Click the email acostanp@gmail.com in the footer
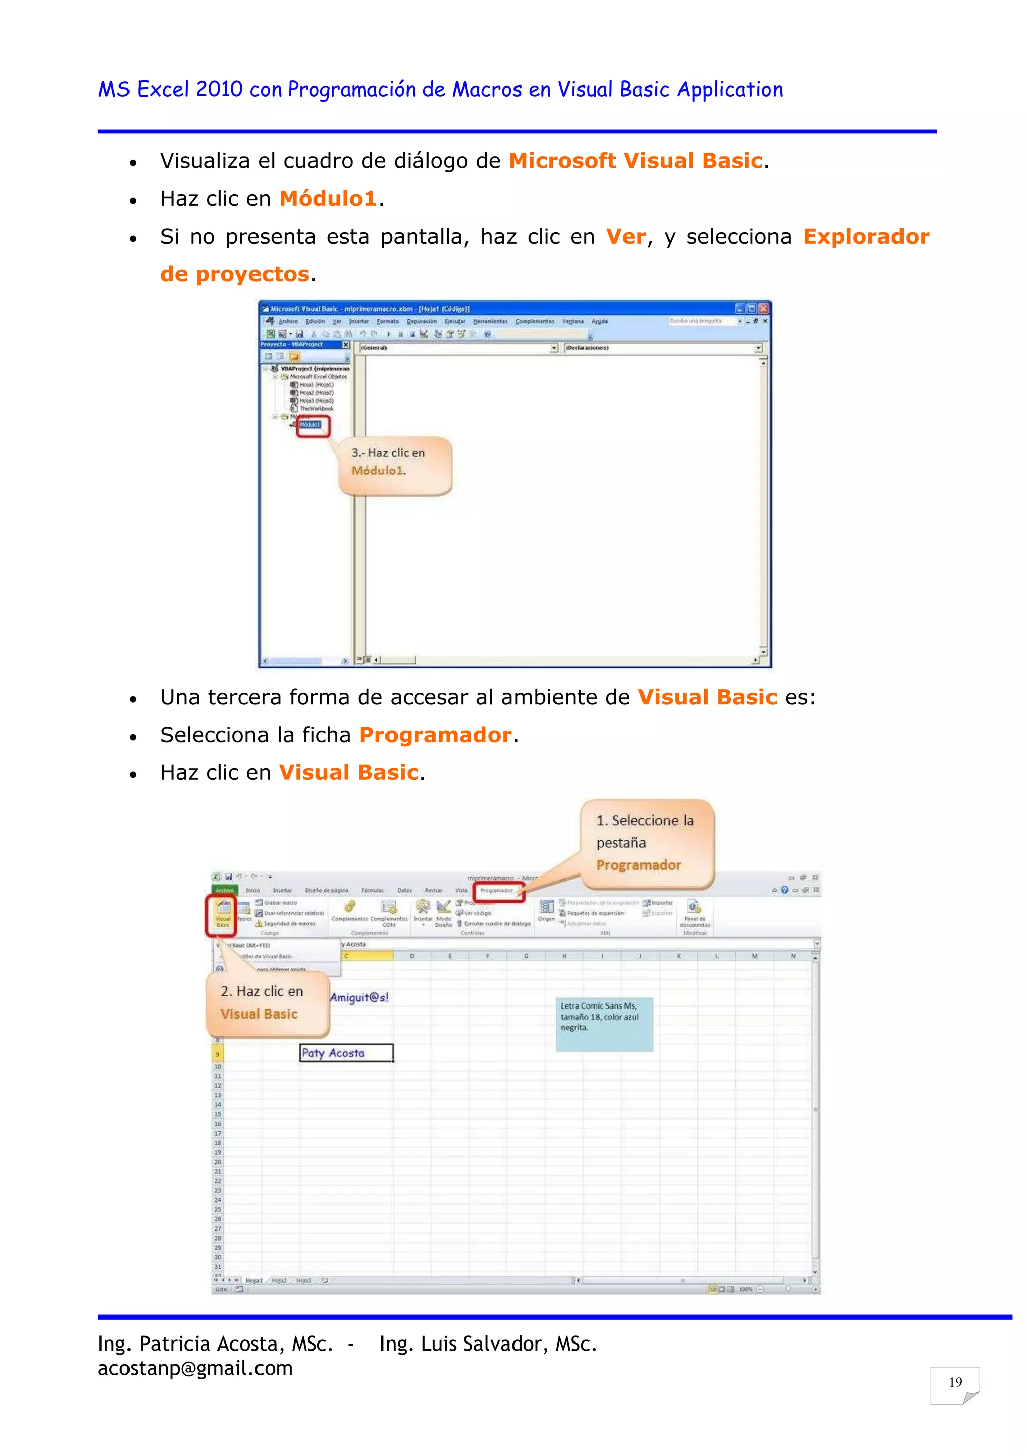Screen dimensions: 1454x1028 point(195,1369)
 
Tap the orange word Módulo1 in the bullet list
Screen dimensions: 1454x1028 point(328,199)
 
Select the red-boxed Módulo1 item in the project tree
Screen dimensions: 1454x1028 point(310,425)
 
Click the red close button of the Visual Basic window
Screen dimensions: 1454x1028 point(764,309)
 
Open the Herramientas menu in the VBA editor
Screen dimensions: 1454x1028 point(490,322)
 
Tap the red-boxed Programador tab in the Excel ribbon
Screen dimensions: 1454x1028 point(497,890)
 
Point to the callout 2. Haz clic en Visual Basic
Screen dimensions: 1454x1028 point(267,1003)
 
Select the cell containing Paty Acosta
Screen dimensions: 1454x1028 point(346,1053)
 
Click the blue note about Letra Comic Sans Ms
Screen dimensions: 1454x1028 point(603,1024)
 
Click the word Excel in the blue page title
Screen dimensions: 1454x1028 point(163,89)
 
